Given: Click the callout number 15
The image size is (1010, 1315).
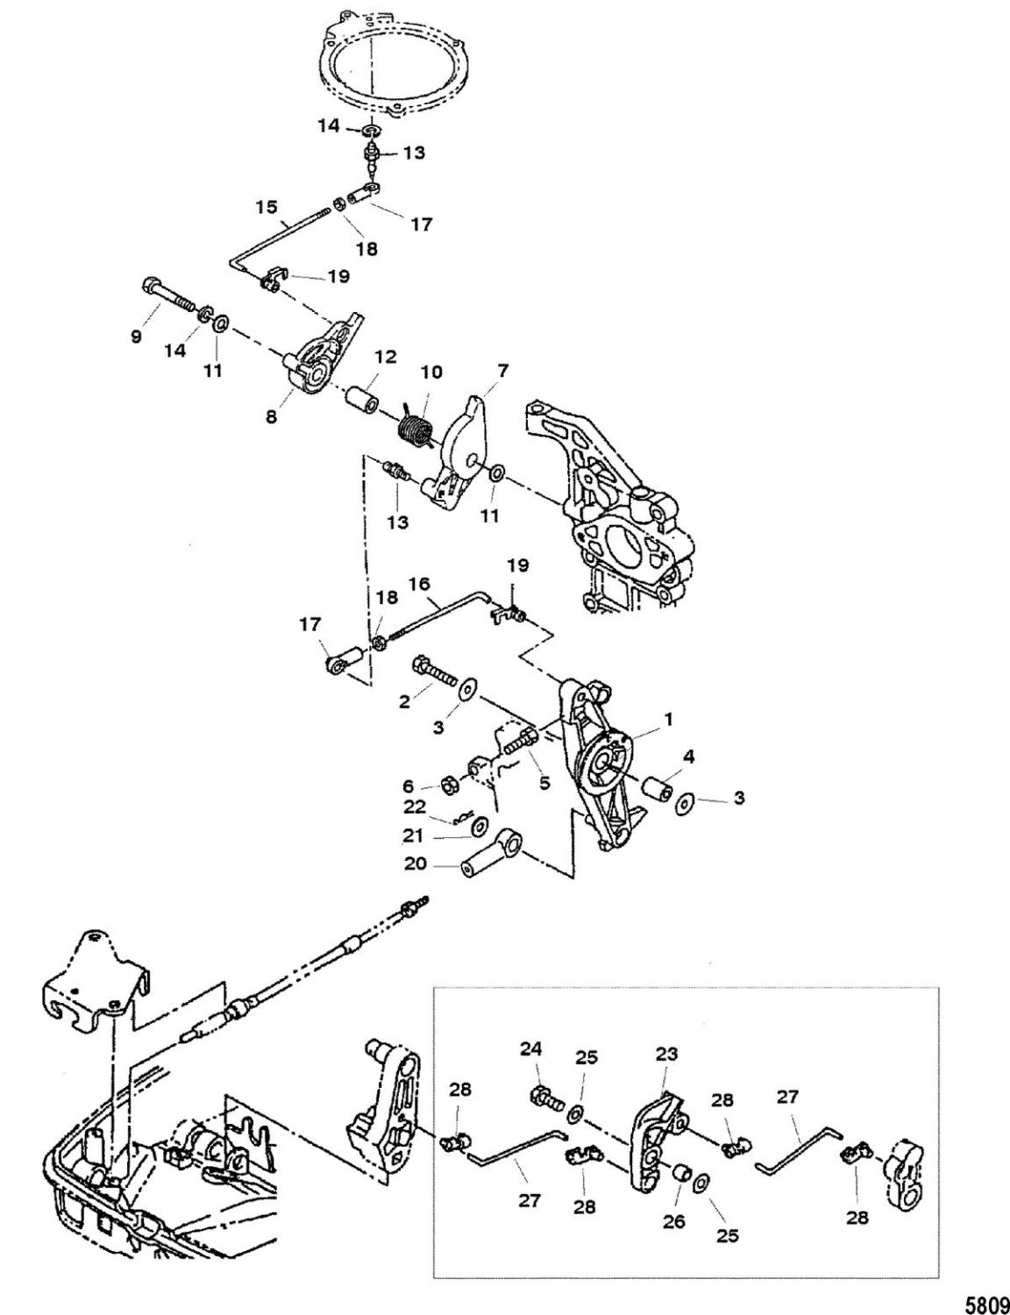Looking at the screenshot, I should point(266,207).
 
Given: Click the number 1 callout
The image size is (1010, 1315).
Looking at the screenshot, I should point(668,718).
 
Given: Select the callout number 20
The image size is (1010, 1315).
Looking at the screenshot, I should point(415,864).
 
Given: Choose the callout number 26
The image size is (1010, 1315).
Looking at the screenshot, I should point(674,1220).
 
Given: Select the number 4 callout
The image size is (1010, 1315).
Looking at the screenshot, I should point(691,755).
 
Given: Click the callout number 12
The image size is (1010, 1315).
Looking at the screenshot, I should point(387,358).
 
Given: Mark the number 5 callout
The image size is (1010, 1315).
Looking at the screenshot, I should point(544,784).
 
